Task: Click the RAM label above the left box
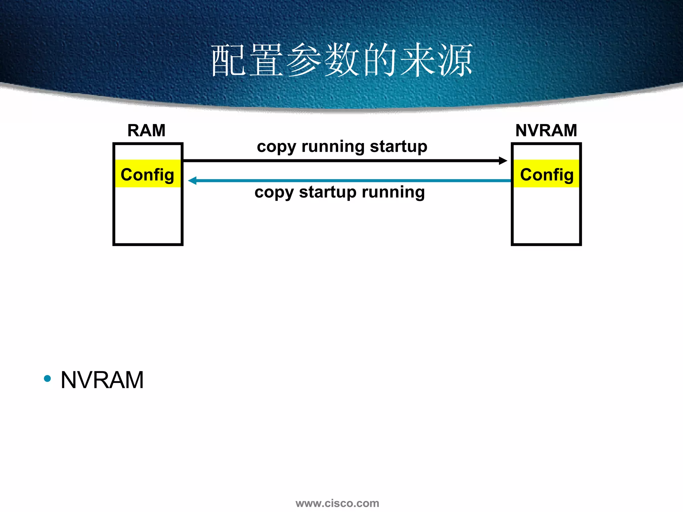pyautogui.click(x=146, y=130)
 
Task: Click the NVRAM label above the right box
pyautogui.click(x=546, y=130)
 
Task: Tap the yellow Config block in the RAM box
pyautogui.click(x=147, y=174)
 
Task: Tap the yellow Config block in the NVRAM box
pyautogui.click(x=547, y=174)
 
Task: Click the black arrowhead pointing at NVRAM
pyautogui.click(x=503, y=161)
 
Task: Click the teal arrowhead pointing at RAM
pyautogui.click(x=192, y=181)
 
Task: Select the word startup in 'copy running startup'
pyautogui.click(x=399, y=147)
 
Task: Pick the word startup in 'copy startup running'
pyautogui.click(x=327, y=193)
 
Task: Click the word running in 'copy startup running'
pyautogui.click(x=393, y=193)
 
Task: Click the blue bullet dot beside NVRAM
pyautogui.click(x=47, y=379)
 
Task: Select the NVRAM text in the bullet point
pyautogui.click(x=102, y=380)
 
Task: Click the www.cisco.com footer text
pyautogui.click(x=337, y=503)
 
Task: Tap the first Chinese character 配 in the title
pyautogui.click(x=229, y=60)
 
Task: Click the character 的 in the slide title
pyautogui.click(x=380, y=60)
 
